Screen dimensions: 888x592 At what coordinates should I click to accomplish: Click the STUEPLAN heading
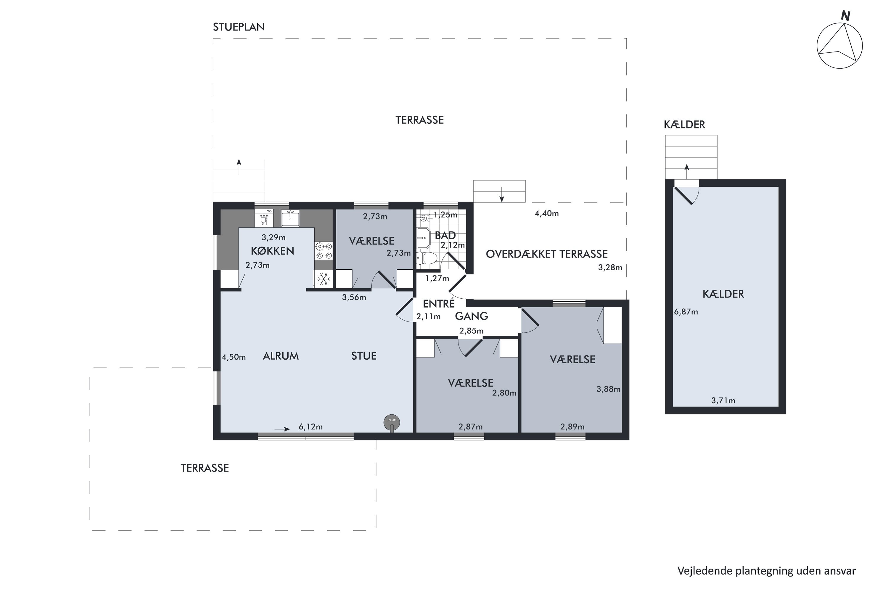pyautogui.click(x=239, y=27)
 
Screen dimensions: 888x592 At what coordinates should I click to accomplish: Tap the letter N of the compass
pyautogui.click(x=845, y=16)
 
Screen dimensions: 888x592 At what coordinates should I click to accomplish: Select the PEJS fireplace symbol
pyautogui.click(x=392, y=423)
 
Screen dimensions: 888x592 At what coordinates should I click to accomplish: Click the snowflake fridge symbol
pyautogui.click(x=323, y=279)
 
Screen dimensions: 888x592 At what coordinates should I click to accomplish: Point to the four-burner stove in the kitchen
pyautogui.click(x=324, y=251)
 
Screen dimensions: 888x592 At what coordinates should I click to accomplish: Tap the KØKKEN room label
pyautogui.click(x=272, y=251)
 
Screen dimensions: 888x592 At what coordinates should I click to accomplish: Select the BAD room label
pyautogui.click(x=445, y=236)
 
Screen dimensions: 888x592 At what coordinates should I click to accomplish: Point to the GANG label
pyautogui.click(x=471, y=316)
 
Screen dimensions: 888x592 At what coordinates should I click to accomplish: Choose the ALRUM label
pyautogui.click(x=281, y=356)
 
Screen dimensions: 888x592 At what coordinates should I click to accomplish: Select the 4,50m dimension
pyautogui.click(x=234, y=357)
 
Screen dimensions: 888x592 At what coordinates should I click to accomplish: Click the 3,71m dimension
pyautogui.click(x=723, y=400)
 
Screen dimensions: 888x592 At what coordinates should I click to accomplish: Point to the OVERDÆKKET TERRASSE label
pyautogui.click(x=546, y=254)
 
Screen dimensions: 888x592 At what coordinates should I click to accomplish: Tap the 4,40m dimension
pyautogui.click(x=546, y=214)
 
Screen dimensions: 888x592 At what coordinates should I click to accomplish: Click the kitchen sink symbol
pyautogui.click(x=290, y=218)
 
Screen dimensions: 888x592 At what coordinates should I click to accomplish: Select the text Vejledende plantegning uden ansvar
pyautogui.click(x=766, y=571)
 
